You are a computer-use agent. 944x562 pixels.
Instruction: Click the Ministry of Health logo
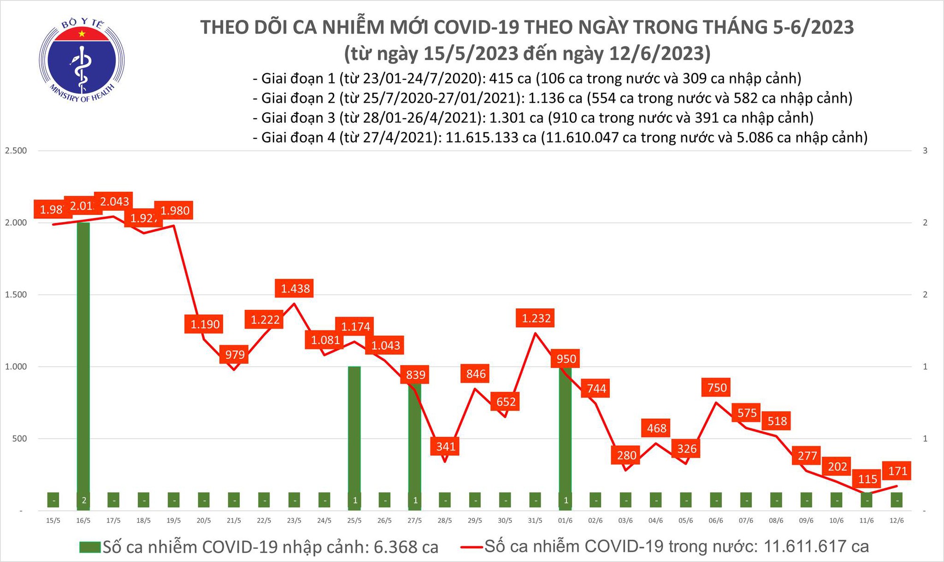pyautogui.click(x=82, y=61)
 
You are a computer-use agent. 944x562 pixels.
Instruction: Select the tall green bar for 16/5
pyautogui.click(x=83, y=359)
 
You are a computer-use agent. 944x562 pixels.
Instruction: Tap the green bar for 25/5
pyautogui.click(x=354, y=430)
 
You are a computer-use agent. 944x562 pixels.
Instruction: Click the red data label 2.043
pyautogui.click(x=114, y=202)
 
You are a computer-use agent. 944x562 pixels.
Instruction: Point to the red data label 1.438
pyautogui.click(x=295, y=288)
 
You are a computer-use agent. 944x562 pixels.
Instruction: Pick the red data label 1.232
pyautogui.click(x=536, y=318)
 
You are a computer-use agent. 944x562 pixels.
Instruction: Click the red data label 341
pyautogui.click(x=446, y=446)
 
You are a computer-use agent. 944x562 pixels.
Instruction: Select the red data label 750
pyautogui.click(x=717, y=388)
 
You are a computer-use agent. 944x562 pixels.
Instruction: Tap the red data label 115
pyautogui.click(x=868, y=479)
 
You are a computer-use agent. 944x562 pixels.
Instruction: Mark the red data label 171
pyautogui.click(x=897, y=471)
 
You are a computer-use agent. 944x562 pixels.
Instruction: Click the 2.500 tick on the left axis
pyautogui.click(x=16, y=151)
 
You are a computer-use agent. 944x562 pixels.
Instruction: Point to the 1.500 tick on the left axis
pyautogui.click(x=16, y=295)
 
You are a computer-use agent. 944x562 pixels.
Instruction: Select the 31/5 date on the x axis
pyautogui.click(x=535, y=520)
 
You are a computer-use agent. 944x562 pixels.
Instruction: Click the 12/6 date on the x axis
pyautogui.click(x=896, y=520)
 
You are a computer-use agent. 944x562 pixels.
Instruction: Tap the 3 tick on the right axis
pyautogui.click(x=925, y=151)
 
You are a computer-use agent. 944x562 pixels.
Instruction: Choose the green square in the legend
pyautogui.click(x=90, y=547)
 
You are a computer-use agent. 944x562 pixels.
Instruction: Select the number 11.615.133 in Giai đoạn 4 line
pyautogui.click(x=491, y=137)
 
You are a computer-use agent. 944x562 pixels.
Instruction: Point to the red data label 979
pyautogui.click(x=235, y=354)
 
